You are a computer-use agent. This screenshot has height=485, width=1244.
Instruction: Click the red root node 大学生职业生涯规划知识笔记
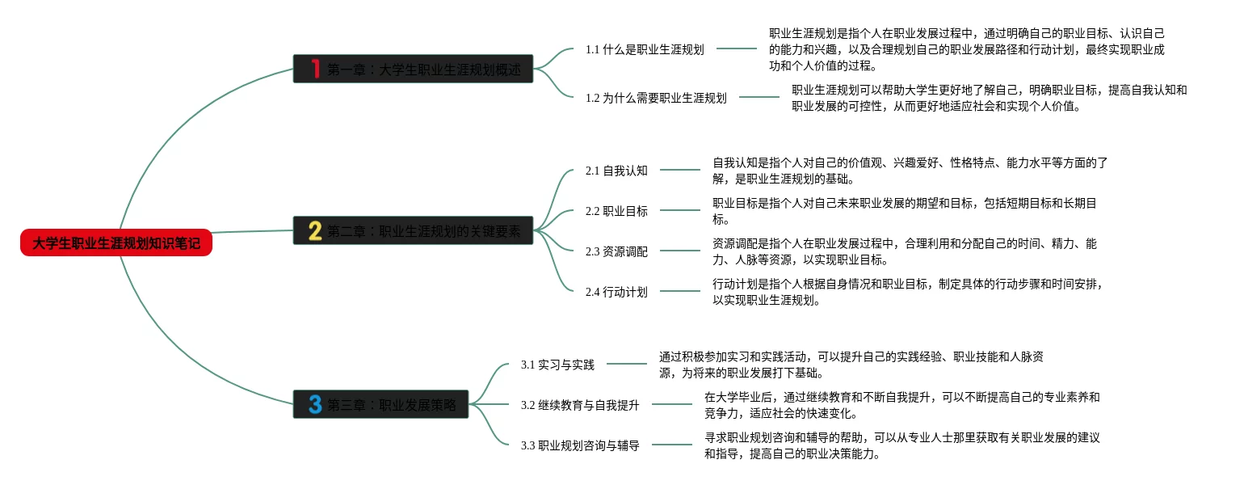(116, 242)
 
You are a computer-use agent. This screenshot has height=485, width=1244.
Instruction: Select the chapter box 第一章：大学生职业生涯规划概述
(413, 69)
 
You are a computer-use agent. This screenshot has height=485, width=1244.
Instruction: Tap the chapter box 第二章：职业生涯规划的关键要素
(413, 231)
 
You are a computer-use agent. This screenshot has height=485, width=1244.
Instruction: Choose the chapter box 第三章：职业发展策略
(381, 404)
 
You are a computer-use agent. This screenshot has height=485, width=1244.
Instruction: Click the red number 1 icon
(315, 69)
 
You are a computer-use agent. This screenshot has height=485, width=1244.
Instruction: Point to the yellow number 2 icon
(315, 231)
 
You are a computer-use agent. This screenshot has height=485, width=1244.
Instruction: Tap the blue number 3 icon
(315, 404)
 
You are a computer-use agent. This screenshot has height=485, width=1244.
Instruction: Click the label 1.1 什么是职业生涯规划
(645, 49)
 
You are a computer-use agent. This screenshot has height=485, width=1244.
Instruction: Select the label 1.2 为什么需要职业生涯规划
(656, 98)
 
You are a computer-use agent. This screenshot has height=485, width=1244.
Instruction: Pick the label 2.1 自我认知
(616, 171)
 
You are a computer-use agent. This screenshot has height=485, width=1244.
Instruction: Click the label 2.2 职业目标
(616, 211)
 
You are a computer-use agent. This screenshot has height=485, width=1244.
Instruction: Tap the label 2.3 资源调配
(616, 251)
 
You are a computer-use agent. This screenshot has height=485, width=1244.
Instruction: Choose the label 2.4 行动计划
(616, 292)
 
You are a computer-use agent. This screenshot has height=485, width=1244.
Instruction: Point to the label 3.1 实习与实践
(557, 365)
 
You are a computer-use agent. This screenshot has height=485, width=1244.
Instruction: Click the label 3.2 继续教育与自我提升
(580, 405)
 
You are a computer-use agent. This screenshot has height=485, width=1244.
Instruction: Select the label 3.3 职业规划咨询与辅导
(580, 445)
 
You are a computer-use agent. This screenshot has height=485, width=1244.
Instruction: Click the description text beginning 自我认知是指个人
(910, 171)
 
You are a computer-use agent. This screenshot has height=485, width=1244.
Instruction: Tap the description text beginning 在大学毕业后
(901, 405)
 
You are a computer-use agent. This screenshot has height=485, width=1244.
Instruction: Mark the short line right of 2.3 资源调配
(680, 251)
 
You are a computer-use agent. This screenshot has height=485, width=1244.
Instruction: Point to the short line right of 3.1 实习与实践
(626, 364)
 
